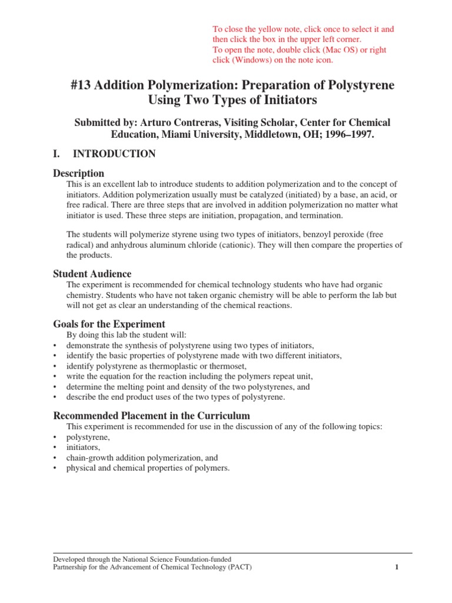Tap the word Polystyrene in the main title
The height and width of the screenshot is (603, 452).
pos(361,85)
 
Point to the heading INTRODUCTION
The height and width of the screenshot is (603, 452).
pos(114,154)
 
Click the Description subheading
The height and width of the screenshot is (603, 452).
pos(79,173)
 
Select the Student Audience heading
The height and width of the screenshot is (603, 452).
pos(92,274)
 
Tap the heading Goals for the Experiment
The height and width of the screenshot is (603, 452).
pos(109,324)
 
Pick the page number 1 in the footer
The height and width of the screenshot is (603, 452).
pos(397,568)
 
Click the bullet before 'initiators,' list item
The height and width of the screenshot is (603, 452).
pos(55,448)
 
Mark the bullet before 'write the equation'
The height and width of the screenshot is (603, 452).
pos(55,377)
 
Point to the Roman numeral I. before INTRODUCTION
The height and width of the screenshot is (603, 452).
pos(57,154)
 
